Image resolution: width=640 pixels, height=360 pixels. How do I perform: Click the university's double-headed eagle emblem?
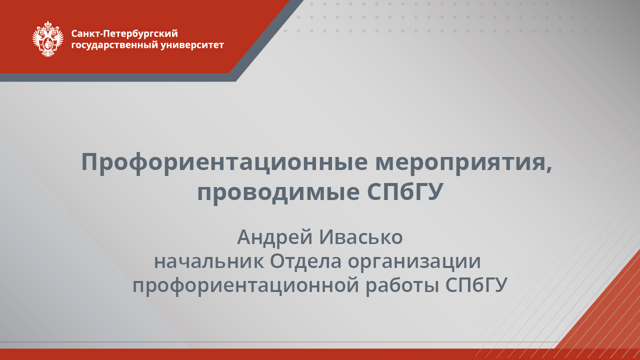(x=48, y=39)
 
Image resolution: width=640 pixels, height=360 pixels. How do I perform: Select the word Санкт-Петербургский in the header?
(x=124, y=34)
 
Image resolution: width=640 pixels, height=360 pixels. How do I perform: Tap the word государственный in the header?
(x=114, y=45)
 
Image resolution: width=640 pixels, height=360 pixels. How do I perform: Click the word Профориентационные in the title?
(x=223, y=162)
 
